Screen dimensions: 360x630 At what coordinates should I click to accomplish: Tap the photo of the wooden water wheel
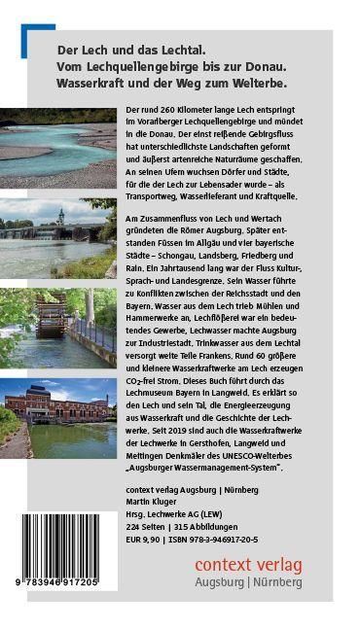point(62,324)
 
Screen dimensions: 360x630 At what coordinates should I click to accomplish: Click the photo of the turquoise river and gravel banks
point(62,144)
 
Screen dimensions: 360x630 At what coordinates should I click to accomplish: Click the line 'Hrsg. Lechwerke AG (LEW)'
point(183,512)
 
